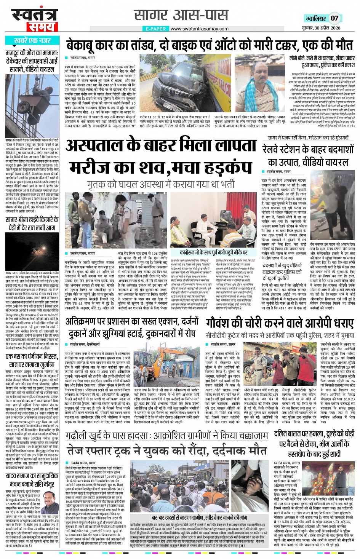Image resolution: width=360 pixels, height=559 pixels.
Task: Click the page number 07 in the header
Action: point(334,18)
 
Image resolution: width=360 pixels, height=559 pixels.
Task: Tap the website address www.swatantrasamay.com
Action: point(199,29)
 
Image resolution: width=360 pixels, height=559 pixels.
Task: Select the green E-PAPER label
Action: point(156,29)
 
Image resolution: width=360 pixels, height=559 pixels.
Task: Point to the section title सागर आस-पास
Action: point(181,15)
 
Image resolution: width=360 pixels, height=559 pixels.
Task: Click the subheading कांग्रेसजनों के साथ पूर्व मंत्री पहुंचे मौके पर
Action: point(214,252)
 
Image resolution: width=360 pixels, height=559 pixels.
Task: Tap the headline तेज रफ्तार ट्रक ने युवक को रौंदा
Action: point(166,451)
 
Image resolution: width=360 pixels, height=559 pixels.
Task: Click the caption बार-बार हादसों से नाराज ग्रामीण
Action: point(199,517)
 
